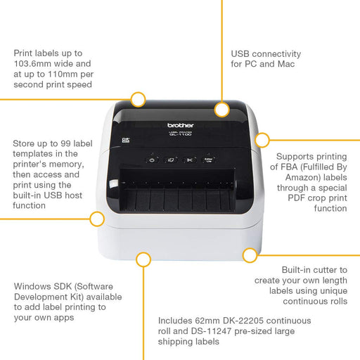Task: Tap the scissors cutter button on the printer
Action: (189, 160)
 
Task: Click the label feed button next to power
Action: (171, 160)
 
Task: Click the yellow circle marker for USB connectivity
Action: (222, 109)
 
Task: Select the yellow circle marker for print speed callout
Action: (138, 99)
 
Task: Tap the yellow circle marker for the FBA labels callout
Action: (262, 139)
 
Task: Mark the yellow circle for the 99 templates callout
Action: (98, 219)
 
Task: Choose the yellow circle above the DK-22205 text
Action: (143, 259)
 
